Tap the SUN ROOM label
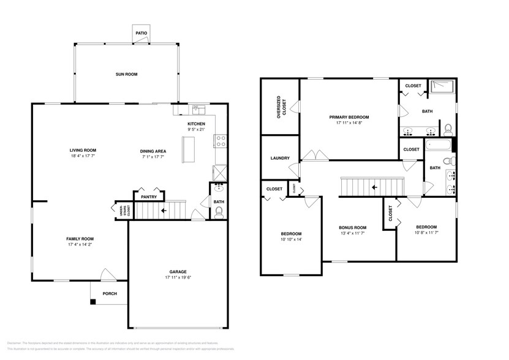click(x=127, y=74)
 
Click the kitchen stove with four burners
click(x=221, y=141)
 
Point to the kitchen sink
click(x=198, y=110)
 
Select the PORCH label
click(x=110, y=293)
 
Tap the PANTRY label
click(x=149, y=197)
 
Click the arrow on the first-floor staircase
click(x=163, y=211)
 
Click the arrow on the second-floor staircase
click(x=373, y=187)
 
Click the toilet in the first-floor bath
click(x=219, y=212)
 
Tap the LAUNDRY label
click(x=279, y=158)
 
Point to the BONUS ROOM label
click(x=353, y=227)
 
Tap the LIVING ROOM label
click(x=82, y=150)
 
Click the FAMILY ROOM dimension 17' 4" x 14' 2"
click(x=80, y=245)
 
